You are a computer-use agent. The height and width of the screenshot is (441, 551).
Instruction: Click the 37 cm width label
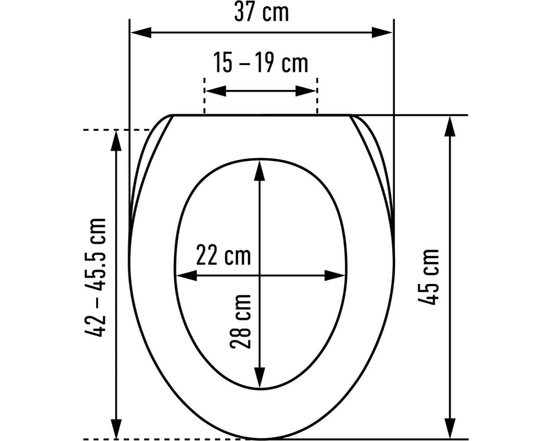(x=261, y=12)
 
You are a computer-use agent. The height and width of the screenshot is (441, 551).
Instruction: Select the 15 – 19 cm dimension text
(x=261, y=63)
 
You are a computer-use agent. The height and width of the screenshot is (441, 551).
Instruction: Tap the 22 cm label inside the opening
(x=223, y=256)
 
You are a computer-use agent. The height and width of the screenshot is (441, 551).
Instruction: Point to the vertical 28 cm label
(x=241, y=321)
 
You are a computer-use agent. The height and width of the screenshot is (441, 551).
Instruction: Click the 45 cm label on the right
(x=429, y=277)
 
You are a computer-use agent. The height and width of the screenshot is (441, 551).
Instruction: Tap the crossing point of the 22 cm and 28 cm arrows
(x=260, y=275)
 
